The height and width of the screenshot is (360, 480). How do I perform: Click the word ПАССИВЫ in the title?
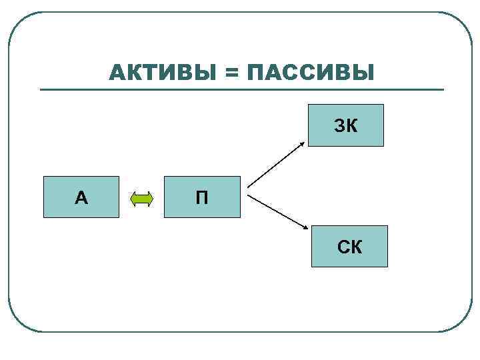[x=310, y=72]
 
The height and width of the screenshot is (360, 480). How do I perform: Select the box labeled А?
[x=81, y=197]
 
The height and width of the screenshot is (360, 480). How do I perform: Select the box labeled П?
[x=202, y=197]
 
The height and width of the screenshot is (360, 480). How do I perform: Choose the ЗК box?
[x=346, y=125]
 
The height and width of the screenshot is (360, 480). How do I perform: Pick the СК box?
[x=349, y=247]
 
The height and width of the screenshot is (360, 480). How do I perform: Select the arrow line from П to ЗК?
[x=277, y=164]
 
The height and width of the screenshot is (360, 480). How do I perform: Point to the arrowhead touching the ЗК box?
[x=303, y=142]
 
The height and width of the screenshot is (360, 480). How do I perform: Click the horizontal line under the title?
[x=240, y=89]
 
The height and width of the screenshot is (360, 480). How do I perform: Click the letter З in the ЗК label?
[x=339, y=125]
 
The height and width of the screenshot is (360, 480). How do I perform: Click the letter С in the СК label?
[x=343, y=247]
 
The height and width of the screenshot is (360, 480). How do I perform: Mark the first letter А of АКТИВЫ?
[x=117, y=72]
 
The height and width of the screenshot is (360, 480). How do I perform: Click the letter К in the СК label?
[x=356, y=247]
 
